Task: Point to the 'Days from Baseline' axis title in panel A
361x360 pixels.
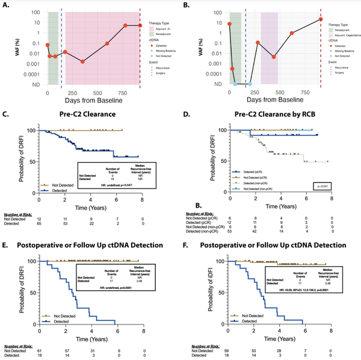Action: pyautogui.click(x=93, y=99)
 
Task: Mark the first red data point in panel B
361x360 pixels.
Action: pyautogui.click(x=229, y=24)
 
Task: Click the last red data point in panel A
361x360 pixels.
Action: pyautogui.click(x=140, y=26)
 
